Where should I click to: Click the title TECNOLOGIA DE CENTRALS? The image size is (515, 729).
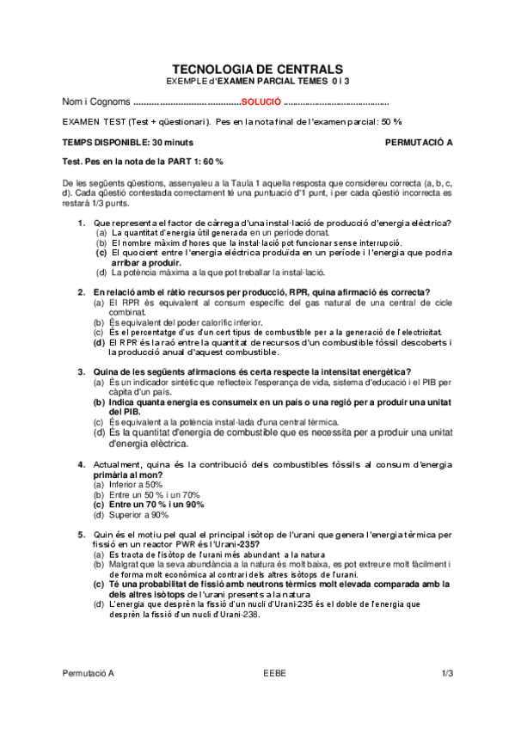coord(257,69)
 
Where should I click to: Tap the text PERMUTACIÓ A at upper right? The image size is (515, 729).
coord(419,141)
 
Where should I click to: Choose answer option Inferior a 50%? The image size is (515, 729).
coord(129,485)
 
